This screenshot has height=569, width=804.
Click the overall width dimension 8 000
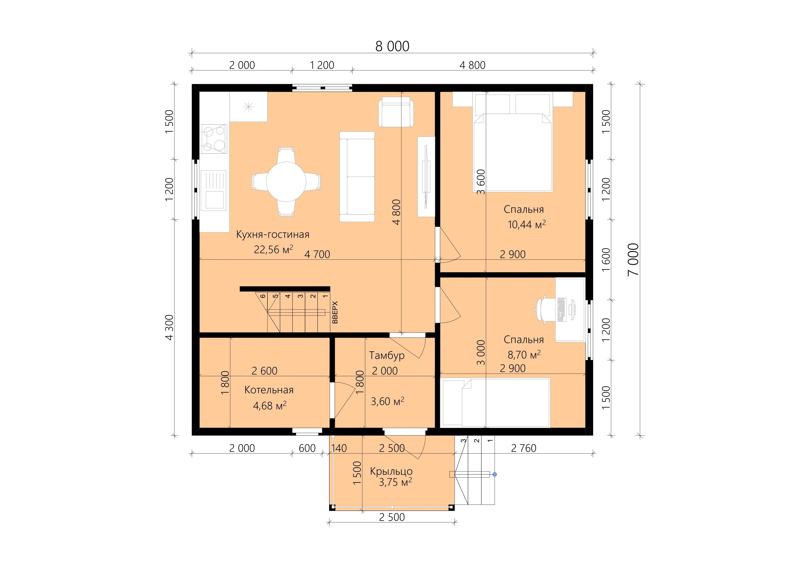[x=392, y=46]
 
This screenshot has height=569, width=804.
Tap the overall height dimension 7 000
[x=633, y=259]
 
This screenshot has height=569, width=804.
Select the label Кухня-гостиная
[x=273, y=234]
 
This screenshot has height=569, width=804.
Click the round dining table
[x=286, y=181]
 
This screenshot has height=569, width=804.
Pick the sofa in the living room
[x=357, y=177]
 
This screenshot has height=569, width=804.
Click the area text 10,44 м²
[x=527, y=224]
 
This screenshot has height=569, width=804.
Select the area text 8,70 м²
[x=524, y=355]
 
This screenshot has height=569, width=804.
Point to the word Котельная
[x=269, y=390]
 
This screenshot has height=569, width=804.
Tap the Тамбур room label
[x=387, y=356]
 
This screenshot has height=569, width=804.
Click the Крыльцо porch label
[x=391, y=472]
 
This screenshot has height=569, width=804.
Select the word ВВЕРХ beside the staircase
[x=335, y=312]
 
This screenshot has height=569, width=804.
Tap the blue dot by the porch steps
[x=494, y=475]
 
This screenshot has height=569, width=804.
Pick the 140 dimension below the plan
[x=339, y=448]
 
